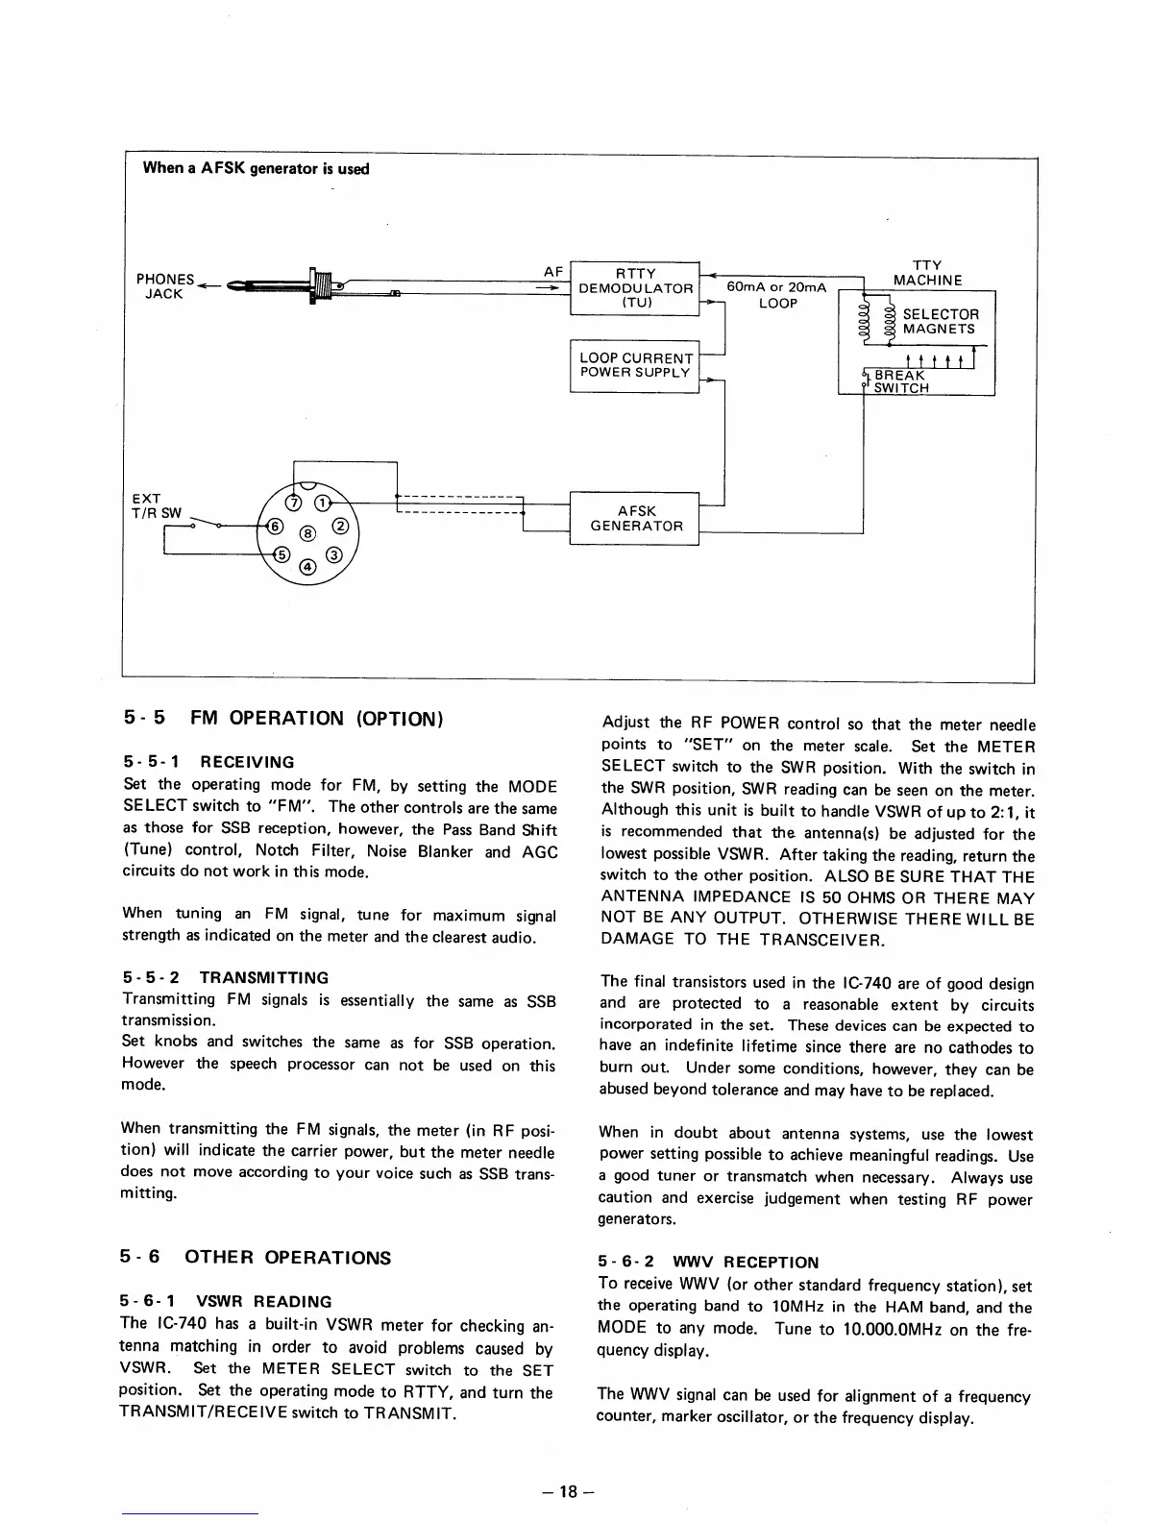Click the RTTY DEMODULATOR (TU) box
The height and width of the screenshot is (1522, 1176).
(635, 287)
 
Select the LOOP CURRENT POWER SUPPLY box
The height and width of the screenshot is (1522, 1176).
(635, 365)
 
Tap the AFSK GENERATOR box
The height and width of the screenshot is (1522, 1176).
(635, 519)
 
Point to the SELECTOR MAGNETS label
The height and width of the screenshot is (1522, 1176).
(939, 322)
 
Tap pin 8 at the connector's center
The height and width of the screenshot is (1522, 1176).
(306, 532)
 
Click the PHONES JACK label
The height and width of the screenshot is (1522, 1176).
(164, 286)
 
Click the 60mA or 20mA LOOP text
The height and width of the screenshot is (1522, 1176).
(777, 295)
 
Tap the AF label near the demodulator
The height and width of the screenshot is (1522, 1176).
(552, 271)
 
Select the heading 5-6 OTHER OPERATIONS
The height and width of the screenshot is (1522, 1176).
(257, 1258)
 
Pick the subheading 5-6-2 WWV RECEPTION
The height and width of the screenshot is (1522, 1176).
(708, 1262)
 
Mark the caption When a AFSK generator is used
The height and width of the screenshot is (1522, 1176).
(256, 168)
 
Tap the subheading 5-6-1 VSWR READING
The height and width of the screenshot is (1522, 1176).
(227, 1302)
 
